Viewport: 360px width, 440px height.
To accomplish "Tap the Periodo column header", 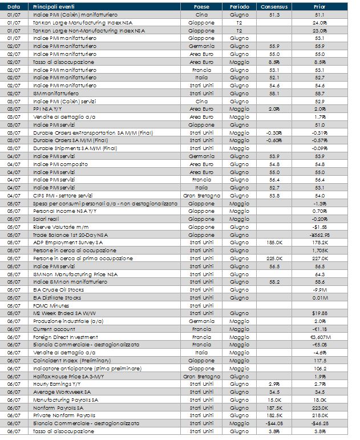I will [x=239, y=6].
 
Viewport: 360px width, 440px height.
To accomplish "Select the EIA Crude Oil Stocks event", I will [x=58, y=289].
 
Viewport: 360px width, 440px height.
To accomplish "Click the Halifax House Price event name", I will [x=66, y=377].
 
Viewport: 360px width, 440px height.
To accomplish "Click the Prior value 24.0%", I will [x=319, y=22].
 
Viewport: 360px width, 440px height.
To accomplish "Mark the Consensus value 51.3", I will [x=274, y=14].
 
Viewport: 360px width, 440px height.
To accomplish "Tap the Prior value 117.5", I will [x=319, y=361].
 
